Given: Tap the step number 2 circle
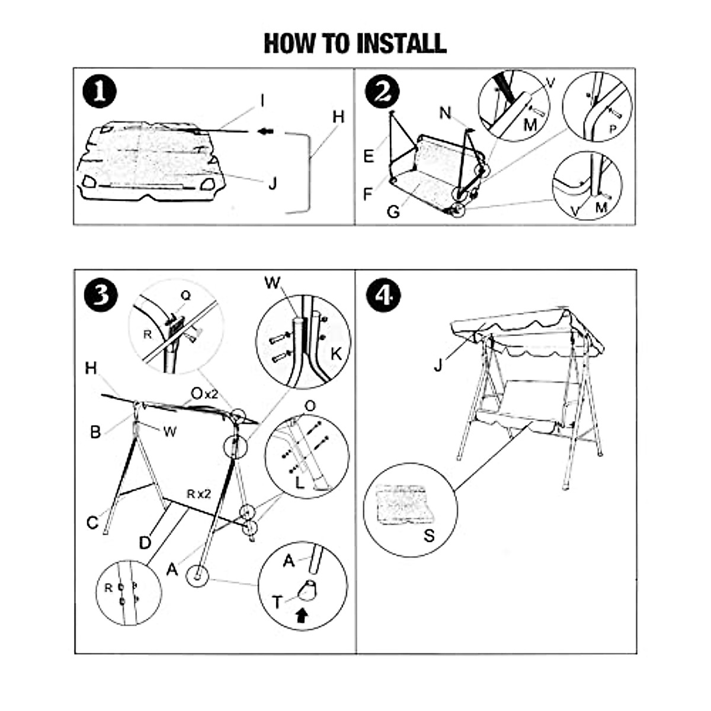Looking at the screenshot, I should (x=383, y=92).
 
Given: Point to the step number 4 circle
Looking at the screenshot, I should (x=383, y=295).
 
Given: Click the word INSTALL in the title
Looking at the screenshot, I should (x=401, y=43).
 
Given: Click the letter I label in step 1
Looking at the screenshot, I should (x=262, y=101).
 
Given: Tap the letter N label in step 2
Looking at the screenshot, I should (x=446, y=113).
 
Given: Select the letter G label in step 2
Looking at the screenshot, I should (x=393, y=212).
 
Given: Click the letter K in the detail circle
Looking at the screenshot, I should (x=336, y=354).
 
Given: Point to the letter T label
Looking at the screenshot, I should (x=277, y=603).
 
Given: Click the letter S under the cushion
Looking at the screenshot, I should (x=429, y=536).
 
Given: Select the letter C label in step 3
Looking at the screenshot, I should (x=92, y=523).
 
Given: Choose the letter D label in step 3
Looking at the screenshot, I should (x=145, y=543).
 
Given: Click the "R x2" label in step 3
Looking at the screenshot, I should (x=199, y=494).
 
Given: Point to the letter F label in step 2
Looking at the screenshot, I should (x=369, y=194).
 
